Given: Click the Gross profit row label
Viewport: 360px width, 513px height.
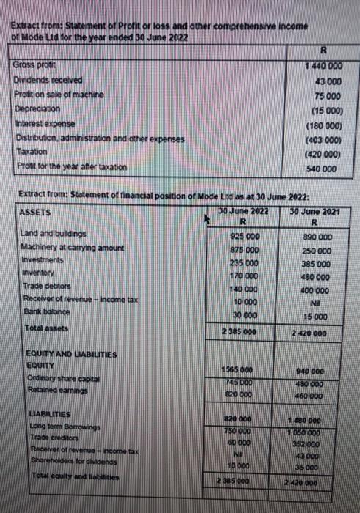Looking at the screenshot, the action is pos(30,67).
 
